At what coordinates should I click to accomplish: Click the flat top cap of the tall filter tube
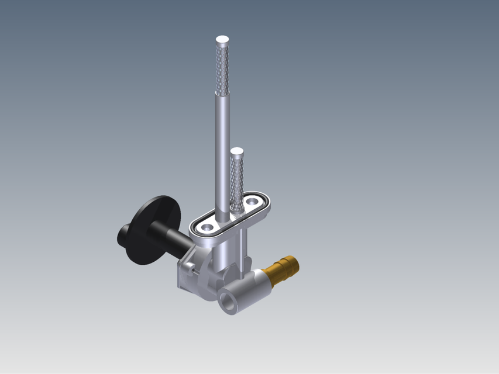point(222,40)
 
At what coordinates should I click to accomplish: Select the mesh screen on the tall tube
point(222,70)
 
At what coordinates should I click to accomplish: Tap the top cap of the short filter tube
point(236,151)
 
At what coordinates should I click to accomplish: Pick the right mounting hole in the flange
point(253,201)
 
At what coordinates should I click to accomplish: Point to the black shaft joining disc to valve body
point(175,240)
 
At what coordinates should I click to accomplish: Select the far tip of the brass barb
point(295,262)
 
